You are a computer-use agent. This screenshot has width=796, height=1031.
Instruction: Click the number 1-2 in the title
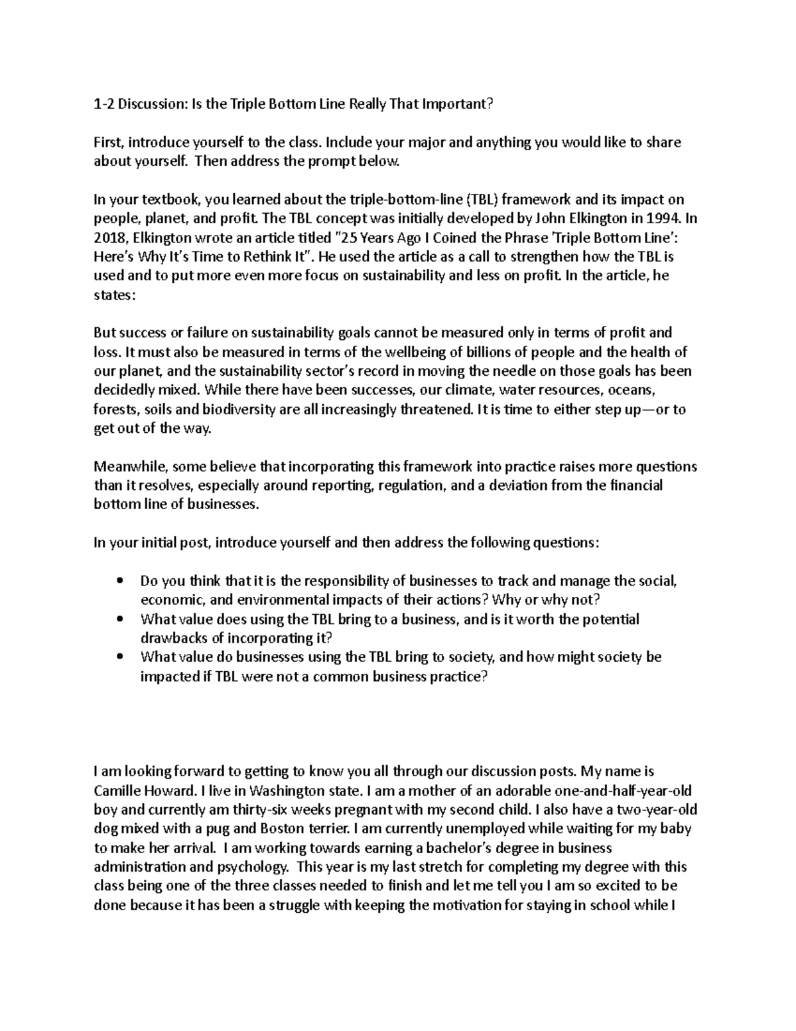[103, 104]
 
